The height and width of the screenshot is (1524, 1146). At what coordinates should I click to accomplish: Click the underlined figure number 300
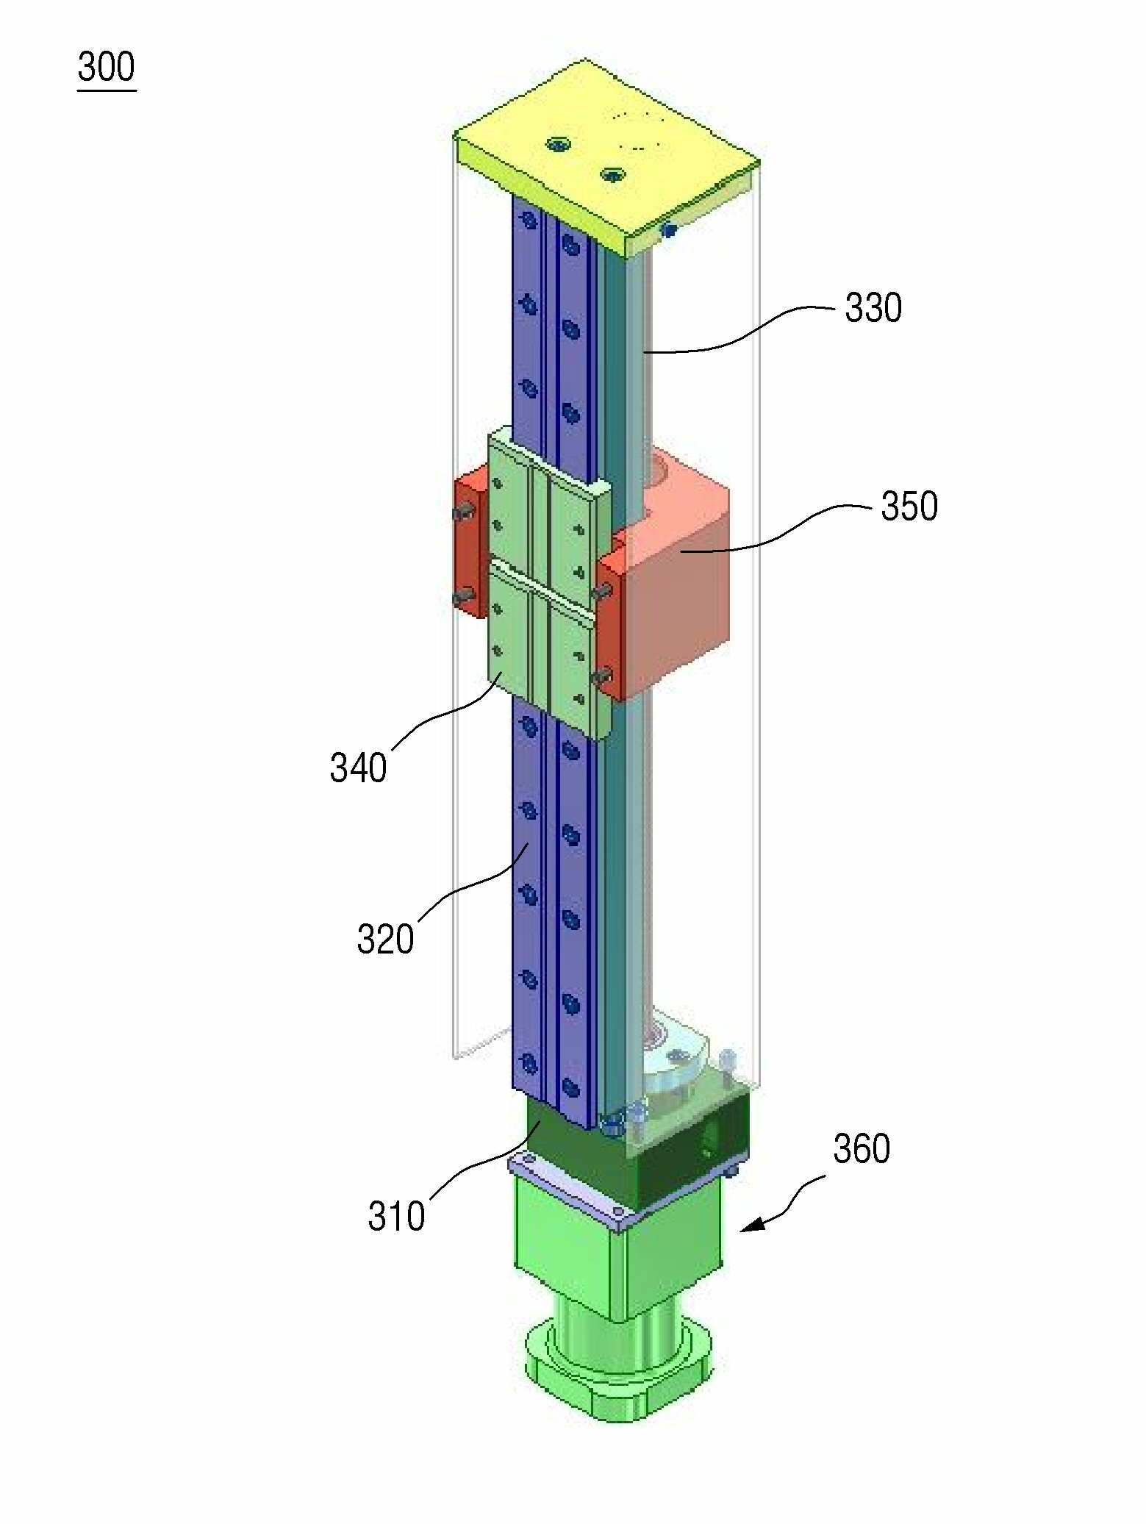[107, 67]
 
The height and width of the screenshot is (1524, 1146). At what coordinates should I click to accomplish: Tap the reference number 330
[873, 307]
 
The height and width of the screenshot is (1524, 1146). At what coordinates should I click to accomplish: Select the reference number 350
[909, 506]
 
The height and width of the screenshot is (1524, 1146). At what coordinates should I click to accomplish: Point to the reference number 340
[358, 768]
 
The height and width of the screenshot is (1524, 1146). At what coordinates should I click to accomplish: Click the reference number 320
[385, 939]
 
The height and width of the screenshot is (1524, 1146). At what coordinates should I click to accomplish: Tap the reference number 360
[862, 1148]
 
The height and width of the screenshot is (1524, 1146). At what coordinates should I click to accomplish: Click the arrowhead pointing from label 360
[751, 1225]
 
